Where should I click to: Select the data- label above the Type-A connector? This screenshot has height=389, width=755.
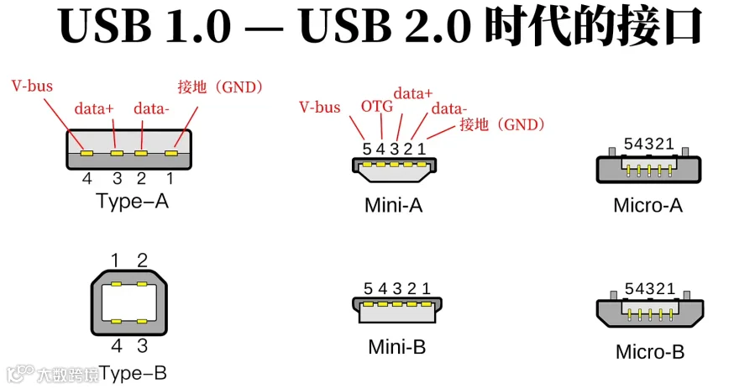pyautogui.click(x=151, y=108)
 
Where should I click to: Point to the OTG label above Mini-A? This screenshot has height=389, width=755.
pyautogui.click(x=375, y=107)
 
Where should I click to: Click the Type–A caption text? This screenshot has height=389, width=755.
pyautogui.click(x=132, y=202)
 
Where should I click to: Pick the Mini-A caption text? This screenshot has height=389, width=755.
pyautogui.click(x=393, y=205)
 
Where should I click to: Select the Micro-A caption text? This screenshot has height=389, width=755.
pyautogui.click(x=648, y=205)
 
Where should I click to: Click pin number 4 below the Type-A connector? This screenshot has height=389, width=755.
pyautogui.click(x=87, y=178)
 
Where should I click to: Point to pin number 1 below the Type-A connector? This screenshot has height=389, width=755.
pyautogui.click(x=170, y=178)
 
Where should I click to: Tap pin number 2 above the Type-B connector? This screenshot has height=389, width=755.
pyautogui.click(x=143, y=260)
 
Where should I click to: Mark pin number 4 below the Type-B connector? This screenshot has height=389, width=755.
pyautogui.click(x=117, y=345)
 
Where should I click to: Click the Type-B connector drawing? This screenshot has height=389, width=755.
pyautogui.click(x=128, y=302)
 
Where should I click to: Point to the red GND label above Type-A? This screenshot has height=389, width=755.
pyautogui.click(x=221, y=87)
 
